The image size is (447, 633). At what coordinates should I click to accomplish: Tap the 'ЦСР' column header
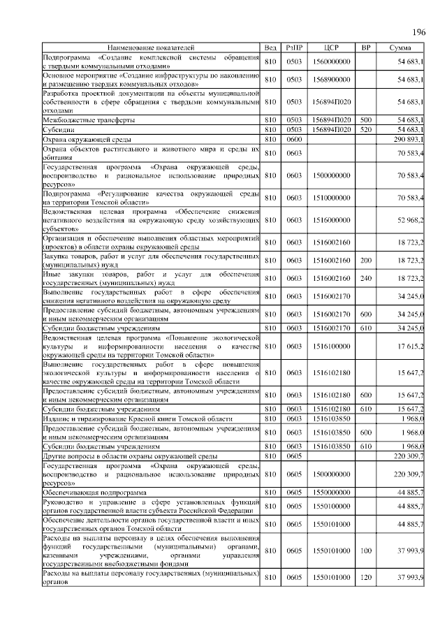coord(331,47)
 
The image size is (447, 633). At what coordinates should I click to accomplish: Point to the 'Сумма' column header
coord(401,47)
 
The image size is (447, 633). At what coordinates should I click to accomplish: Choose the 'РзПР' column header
coord(294,47)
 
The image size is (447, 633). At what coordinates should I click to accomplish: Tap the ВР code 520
coord(365,130)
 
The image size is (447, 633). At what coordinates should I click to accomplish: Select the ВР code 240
coord(365,277)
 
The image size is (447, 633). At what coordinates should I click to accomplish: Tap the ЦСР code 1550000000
coord(331,492)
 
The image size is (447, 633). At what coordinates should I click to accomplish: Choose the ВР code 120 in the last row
coord(365,576)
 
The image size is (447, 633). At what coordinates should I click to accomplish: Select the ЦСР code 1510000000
coord(331,198)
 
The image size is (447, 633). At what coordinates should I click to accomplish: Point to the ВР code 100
coord(365,551)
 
